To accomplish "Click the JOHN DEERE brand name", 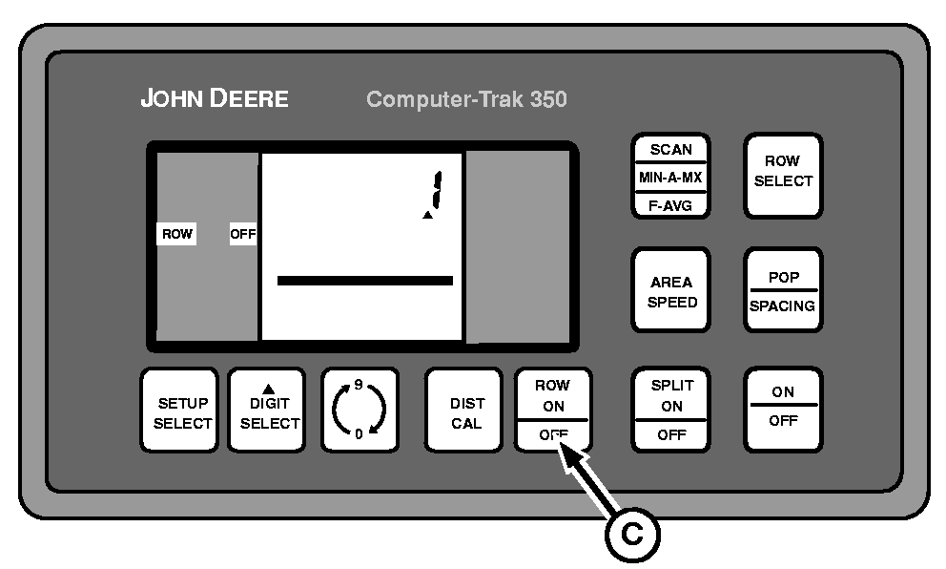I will [x=214, y=99].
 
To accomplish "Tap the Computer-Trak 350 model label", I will [x=466, y=99].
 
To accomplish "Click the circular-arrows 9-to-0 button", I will [x=360, y=411].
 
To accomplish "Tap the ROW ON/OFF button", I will [x=553, y=411].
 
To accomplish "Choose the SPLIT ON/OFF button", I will [x=671, y=411].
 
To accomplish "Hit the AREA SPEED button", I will [x=671, y=291].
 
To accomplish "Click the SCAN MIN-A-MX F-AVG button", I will [x=671, y=176].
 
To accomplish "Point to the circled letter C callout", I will [x=632, y=535].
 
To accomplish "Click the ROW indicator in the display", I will [x=176, y=234].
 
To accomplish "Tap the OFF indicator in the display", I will [x=243, y=234].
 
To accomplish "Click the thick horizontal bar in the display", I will [x=364, y=281].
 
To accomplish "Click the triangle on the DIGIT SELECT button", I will [x=268, y=389].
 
